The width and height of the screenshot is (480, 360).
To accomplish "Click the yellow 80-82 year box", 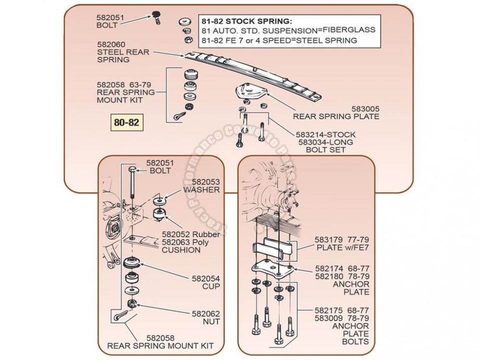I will click(125, 121).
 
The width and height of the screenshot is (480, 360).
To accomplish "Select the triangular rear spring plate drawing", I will click(251, 94).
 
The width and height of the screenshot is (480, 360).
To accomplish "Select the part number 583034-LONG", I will click(325, 142).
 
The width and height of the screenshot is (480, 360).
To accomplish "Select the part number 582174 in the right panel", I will click(330, 268).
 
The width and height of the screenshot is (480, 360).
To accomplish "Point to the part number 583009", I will click(330, 318).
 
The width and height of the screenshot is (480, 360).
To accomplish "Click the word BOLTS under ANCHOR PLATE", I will click(356, 342).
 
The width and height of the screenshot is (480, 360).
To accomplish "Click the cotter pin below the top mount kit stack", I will click(180, 116).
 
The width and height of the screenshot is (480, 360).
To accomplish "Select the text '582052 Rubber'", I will click(183, 234).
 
